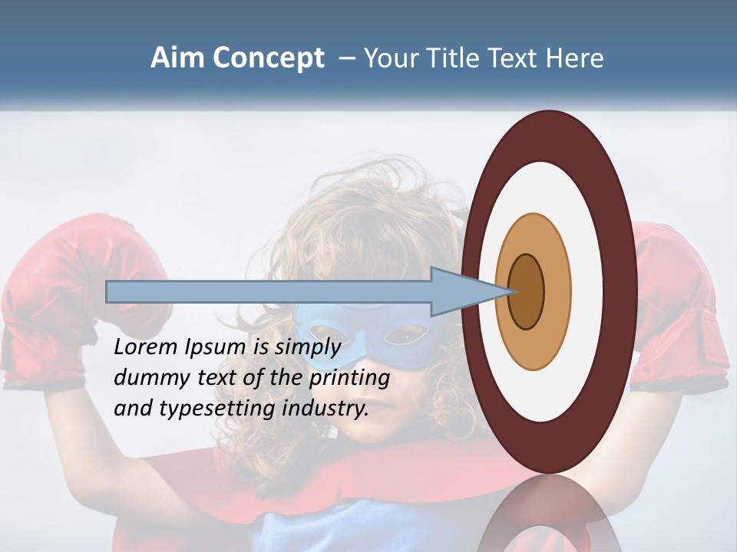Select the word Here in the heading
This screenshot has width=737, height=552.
(x=575, y=58)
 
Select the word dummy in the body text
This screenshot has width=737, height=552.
(x=148, y=377)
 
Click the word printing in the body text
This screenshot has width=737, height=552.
(x=349, y=378)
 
